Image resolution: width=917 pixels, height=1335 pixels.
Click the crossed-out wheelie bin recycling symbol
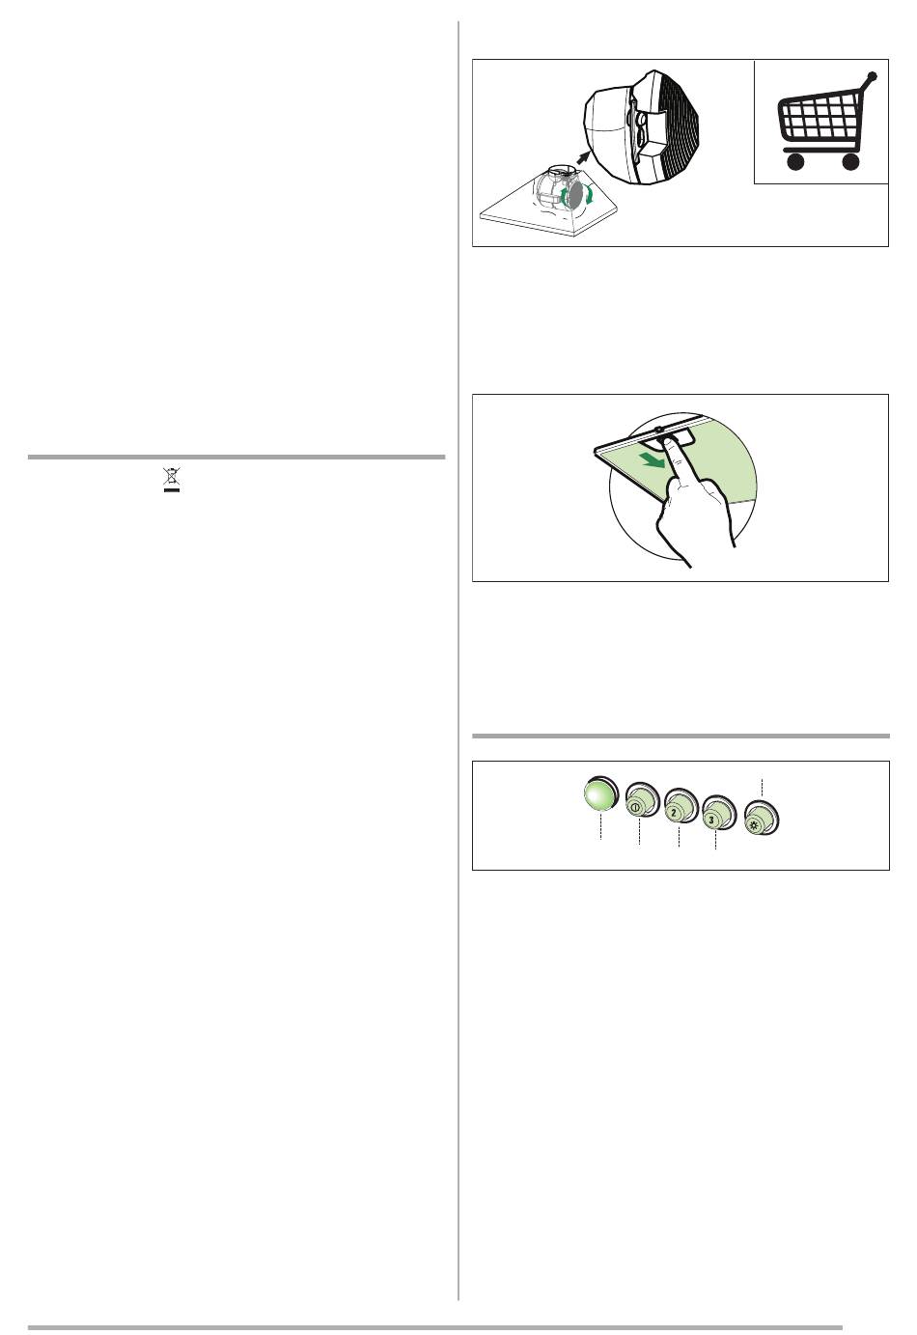pos(172,481)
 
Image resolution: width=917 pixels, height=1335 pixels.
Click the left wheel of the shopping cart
pos(795,161)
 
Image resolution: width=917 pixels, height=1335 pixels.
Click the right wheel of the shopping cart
pos(850,161)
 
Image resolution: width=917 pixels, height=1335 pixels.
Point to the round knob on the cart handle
pos(873,76)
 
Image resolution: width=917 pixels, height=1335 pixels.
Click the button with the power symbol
pos(642,799)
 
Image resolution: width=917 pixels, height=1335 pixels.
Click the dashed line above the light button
pos(763,789)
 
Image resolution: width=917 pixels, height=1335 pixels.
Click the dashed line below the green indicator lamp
pos(601,826)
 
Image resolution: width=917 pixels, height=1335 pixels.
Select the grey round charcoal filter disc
pos(575,195)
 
